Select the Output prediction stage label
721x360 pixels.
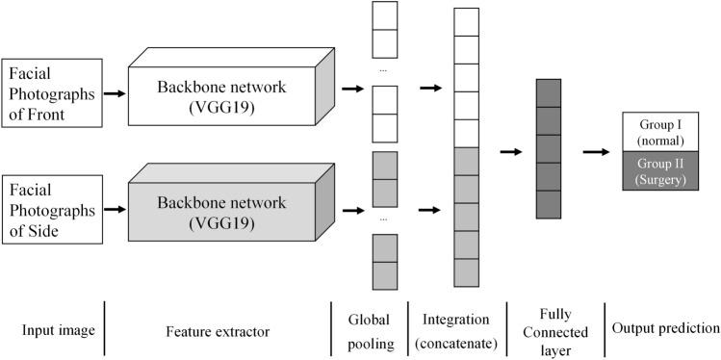coord(665,329)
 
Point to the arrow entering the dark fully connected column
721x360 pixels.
coord(510,151)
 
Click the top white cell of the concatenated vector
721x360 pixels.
coord(465,21)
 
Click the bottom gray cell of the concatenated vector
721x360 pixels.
coord(465,273)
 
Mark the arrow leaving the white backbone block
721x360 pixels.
coord(353,90)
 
